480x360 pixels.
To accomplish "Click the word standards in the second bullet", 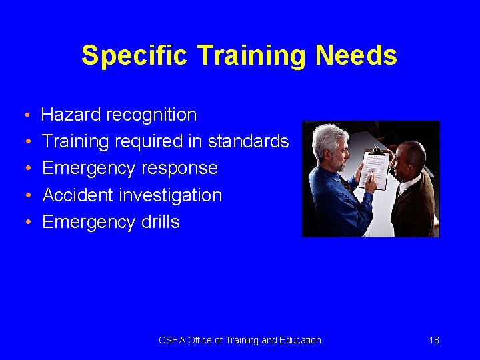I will [248, 141].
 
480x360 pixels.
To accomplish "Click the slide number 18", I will [434, 340].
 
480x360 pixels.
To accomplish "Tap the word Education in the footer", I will [300, 340].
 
